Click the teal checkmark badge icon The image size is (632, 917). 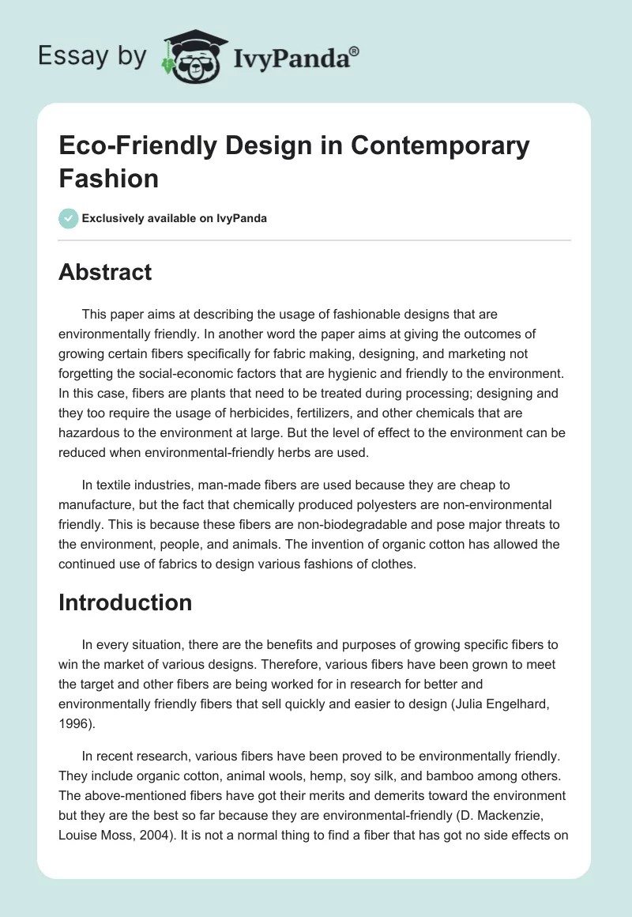tap(69, 218)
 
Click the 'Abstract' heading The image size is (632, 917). tap(105, 272)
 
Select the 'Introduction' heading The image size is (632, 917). tap(125, 602)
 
